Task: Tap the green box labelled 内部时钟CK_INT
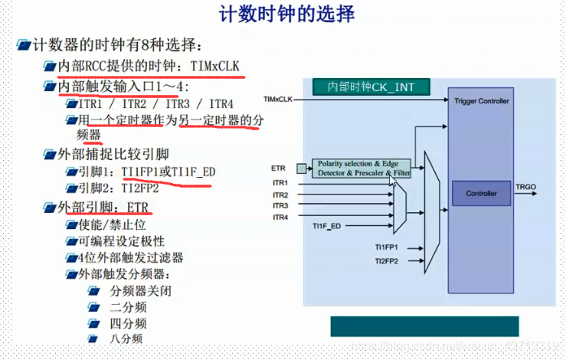click(x=371, y=87)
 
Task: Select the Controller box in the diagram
click(x=481, y=193)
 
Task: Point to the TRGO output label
click(x=526, y=187)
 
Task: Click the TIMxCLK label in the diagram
click(x=277, y=100)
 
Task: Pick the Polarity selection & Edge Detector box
click(x=360, y=169)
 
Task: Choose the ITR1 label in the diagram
click(x=280, y=184)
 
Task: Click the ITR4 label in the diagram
click(x=280, y=217)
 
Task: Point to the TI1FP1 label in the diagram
click(x=386, y=248)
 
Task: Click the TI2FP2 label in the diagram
click(x=386, y=261)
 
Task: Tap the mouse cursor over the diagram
click(x=394, y=182)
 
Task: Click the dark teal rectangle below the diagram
click(x=424, y=326)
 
